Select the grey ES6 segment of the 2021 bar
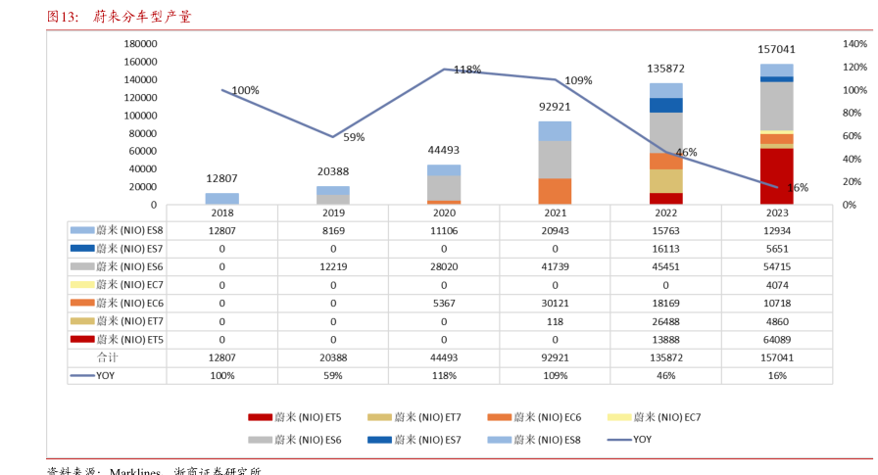(x=555, y=160)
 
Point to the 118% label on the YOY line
(x=467, y=70)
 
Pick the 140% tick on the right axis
(x=854, y=44)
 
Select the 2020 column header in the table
(x=444, y=213)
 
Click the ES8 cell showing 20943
(x=555, y=230)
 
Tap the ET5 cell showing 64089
(x=776, y=339)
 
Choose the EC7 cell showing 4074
(x=776, y=285)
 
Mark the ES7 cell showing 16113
(x=665, y=249)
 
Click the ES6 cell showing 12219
(x=333, y=266)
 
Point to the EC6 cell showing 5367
(x=444, y=303)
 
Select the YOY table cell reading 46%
(x=665, y=375)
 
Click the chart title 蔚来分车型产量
(x=143, y=17)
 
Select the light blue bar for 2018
(x=222, y=199)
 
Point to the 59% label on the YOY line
(x=354, y=138)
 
